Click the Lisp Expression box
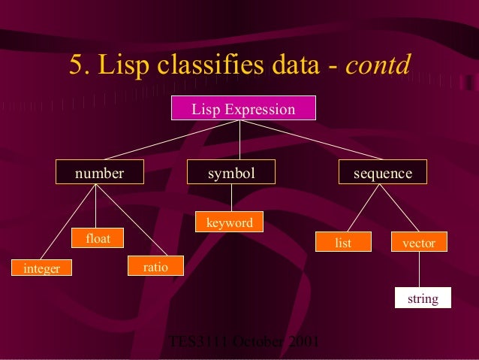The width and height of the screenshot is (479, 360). pos(243,109)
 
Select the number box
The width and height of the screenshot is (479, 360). pos(98,174)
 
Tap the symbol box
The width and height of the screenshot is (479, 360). pos(231,174)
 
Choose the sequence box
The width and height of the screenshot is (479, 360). pos(383,174)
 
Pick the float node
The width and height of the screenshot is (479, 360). pos(98,238)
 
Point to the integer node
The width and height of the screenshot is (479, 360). pos(41,268)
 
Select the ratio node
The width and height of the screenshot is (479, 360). pos(155,265)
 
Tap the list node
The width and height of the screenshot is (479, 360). pos(343,242)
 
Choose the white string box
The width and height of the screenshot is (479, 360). pos(423,298)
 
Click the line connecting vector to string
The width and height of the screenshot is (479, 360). pos(419,269)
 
